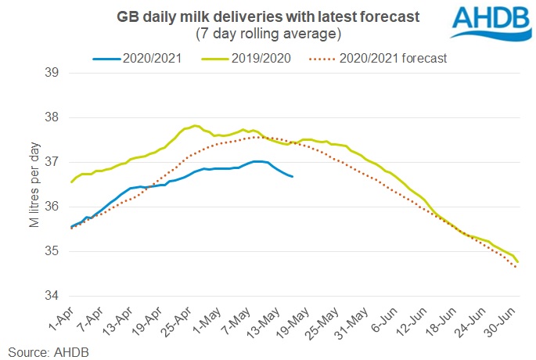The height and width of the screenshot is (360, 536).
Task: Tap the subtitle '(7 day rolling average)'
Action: (265, 34)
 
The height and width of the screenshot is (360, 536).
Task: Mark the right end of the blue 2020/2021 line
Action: (292, 177)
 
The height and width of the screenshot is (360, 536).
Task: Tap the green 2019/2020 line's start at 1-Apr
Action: (71, 182)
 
